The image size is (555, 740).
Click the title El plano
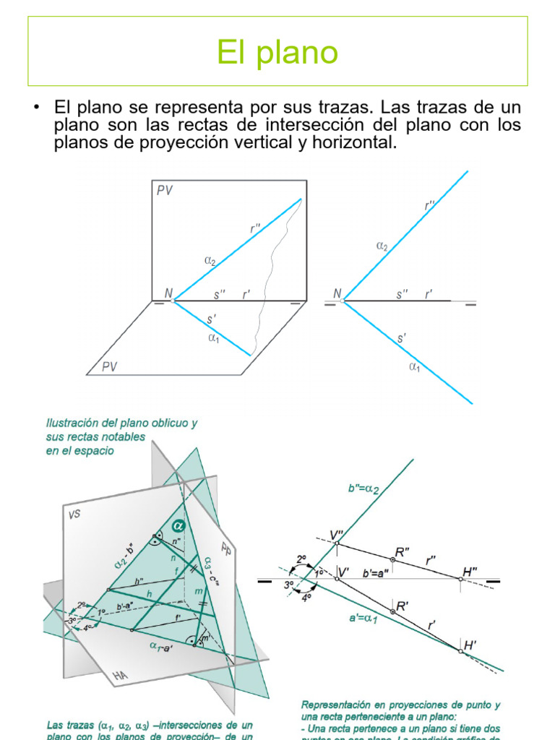(277, 52)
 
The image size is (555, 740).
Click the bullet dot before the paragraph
(35, 108)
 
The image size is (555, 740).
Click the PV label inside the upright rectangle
(165, 190)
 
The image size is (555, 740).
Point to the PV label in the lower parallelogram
(109, 366)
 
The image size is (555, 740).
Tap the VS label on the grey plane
(76, 515)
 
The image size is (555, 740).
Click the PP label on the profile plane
(226, 543)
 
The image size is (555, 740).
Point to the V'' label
(337, 535)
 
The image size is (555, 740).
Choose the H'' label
(470, 571)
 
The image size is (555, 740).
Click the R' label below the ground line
(403, 607)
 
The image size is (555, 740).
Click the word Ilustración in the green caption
(72, 423)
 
